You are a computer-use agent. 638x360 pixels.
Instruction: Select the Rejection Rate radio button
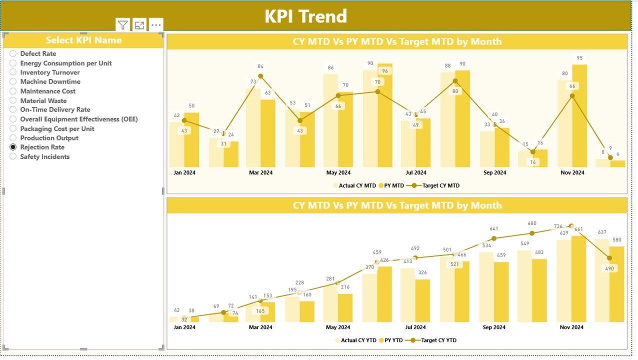pyautogui.click(x=13, y=147)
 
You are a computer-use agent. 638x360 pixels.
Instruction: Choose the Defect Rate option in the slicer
pyautogui.click(x=13, y=53)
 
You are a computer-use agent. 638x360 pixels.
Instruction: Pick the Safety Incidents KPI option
pyautogui.click(x=13, y=157)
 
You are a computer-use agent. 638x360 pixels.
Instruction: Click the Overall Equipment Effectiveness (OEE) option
pyautogui.click(x=13, y=119)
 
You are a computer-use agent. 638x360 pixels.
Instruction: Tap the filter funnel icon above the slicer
pyautogui.click(x=123, y=25)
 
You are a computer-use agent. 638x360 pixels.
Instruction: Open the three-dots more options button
pyautogui.click(x=156, y=25)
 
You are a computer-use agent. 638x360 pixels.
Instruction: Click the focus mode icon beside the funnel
pyautogui.click(x=139, y=25)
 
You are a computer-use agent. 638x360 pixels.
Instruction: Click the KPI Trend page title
pyautogui.click(x=305, y=16)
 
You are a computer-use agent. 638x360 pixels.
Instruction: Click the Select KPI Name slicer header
pyautogui.click(x=83, y=40)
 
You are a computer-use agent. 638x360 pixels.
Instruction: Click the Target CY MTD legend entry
pyautogui.click(x=440, y=185)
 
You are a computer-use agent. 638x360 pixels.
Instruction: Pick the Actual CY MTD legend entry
pyautogui.click(x=357, y=185)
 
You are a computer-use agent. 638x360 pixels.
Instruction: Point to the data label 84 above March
pyautogui.click(x=260, y=66)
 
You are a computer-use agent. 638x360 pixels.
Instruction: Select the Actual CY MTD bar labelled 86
pyautogui.click(x=330, y=120)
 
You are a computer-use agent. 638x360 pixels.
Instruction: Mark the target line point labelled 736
pyautogui.click(x=571, y=226)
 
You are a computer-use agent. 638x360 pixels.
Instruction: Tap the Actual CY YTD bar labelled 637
pyautogui.click(x=602, y=280)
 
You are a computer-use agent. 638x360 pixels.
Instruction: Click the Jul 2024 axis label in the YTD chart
pyautogui.click(x=415, y=327)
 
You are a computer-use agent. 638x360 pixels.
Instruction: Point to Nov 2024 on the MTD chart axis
pyautogui.click(x=572, y=172)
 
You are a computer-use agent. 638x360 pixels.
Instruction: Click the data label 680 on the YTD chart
pyautogui.click(x=532, y=223)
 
